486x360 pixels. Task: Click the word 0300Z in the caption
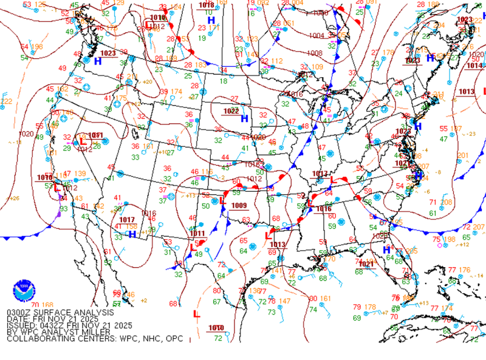19,313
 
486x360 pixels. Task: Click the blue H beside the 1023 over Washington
98,61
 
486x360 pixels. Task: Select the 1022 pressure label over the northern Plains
231,111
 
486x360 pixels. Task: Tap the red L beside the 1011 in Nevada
83,141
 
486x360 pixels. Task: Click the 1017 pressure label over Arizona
127,220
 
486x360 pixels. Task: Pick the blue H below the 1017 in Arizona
132,234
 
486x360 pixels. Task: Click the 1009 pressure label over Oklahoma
238,206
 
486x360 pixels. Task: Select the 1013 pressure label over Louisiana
278,245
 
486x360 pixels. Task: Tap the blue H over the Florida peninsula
386,250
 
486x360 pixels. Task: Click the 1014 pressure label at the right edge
475,66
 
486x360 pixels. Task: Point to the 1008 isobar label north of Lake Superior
316,53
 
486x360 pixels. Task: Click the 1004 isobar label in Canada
317,36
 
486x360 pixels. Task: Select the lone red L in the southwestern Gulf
196,314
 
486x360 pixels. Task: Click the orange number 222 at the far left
6,101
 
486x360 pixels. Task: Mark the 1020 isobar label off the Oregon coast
26,134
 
